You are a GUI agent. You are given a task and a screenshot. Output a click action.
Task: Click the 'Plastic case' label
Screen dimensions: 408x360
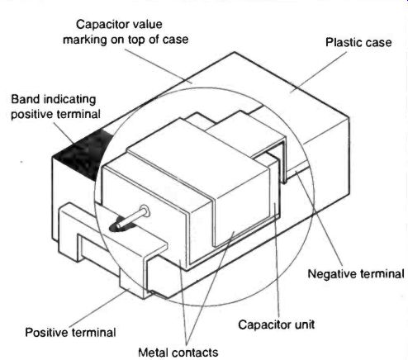pyautogui.click(x=358, y=42)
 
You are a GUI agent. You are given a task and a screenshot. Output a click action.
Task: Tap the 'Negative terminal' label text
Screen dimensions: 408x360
pyautogui.click(x=356, y=274)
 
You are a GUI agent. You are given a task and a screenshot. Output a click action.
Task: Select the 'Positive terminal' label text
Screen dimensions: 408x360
pyautogui.click(x=70, y=333)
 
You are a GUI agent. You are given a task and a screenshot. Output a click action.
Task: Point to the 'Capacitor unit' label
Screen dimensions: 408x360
pyautogui.click(x=276, y=324)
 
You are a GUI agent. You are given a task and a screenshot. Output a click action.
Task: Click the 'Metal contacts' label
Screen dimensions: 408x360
pyautogui.click(x=178, y=353)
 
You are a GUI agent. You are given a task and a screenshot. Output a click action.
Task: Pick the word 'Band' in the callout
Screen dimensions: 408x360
pyautogui.click(x=25, y=99)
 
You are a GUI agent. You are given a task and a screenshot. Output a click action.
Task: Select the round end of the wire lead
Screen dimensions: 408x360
pyautogui.click(x=145, y=211)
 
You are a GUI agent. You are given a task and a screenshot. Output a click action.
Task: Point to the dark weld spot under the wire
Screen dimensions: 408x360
pyautogui.click(x=121, y=225)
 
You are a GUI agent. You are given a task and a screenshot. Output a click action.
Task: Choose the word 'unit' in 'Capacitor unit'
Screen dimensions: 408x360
pyautogui.click(x=304, y=324)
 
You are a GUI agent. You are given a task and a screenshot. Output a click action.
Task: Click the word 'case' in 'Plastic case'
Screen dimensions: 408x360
pyautogui.click(x=379, y=43)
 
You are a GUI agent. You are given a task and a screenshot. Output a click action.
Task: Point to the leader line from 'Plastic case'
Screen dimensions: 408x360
pyautogui.click(x=318, y=72)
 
